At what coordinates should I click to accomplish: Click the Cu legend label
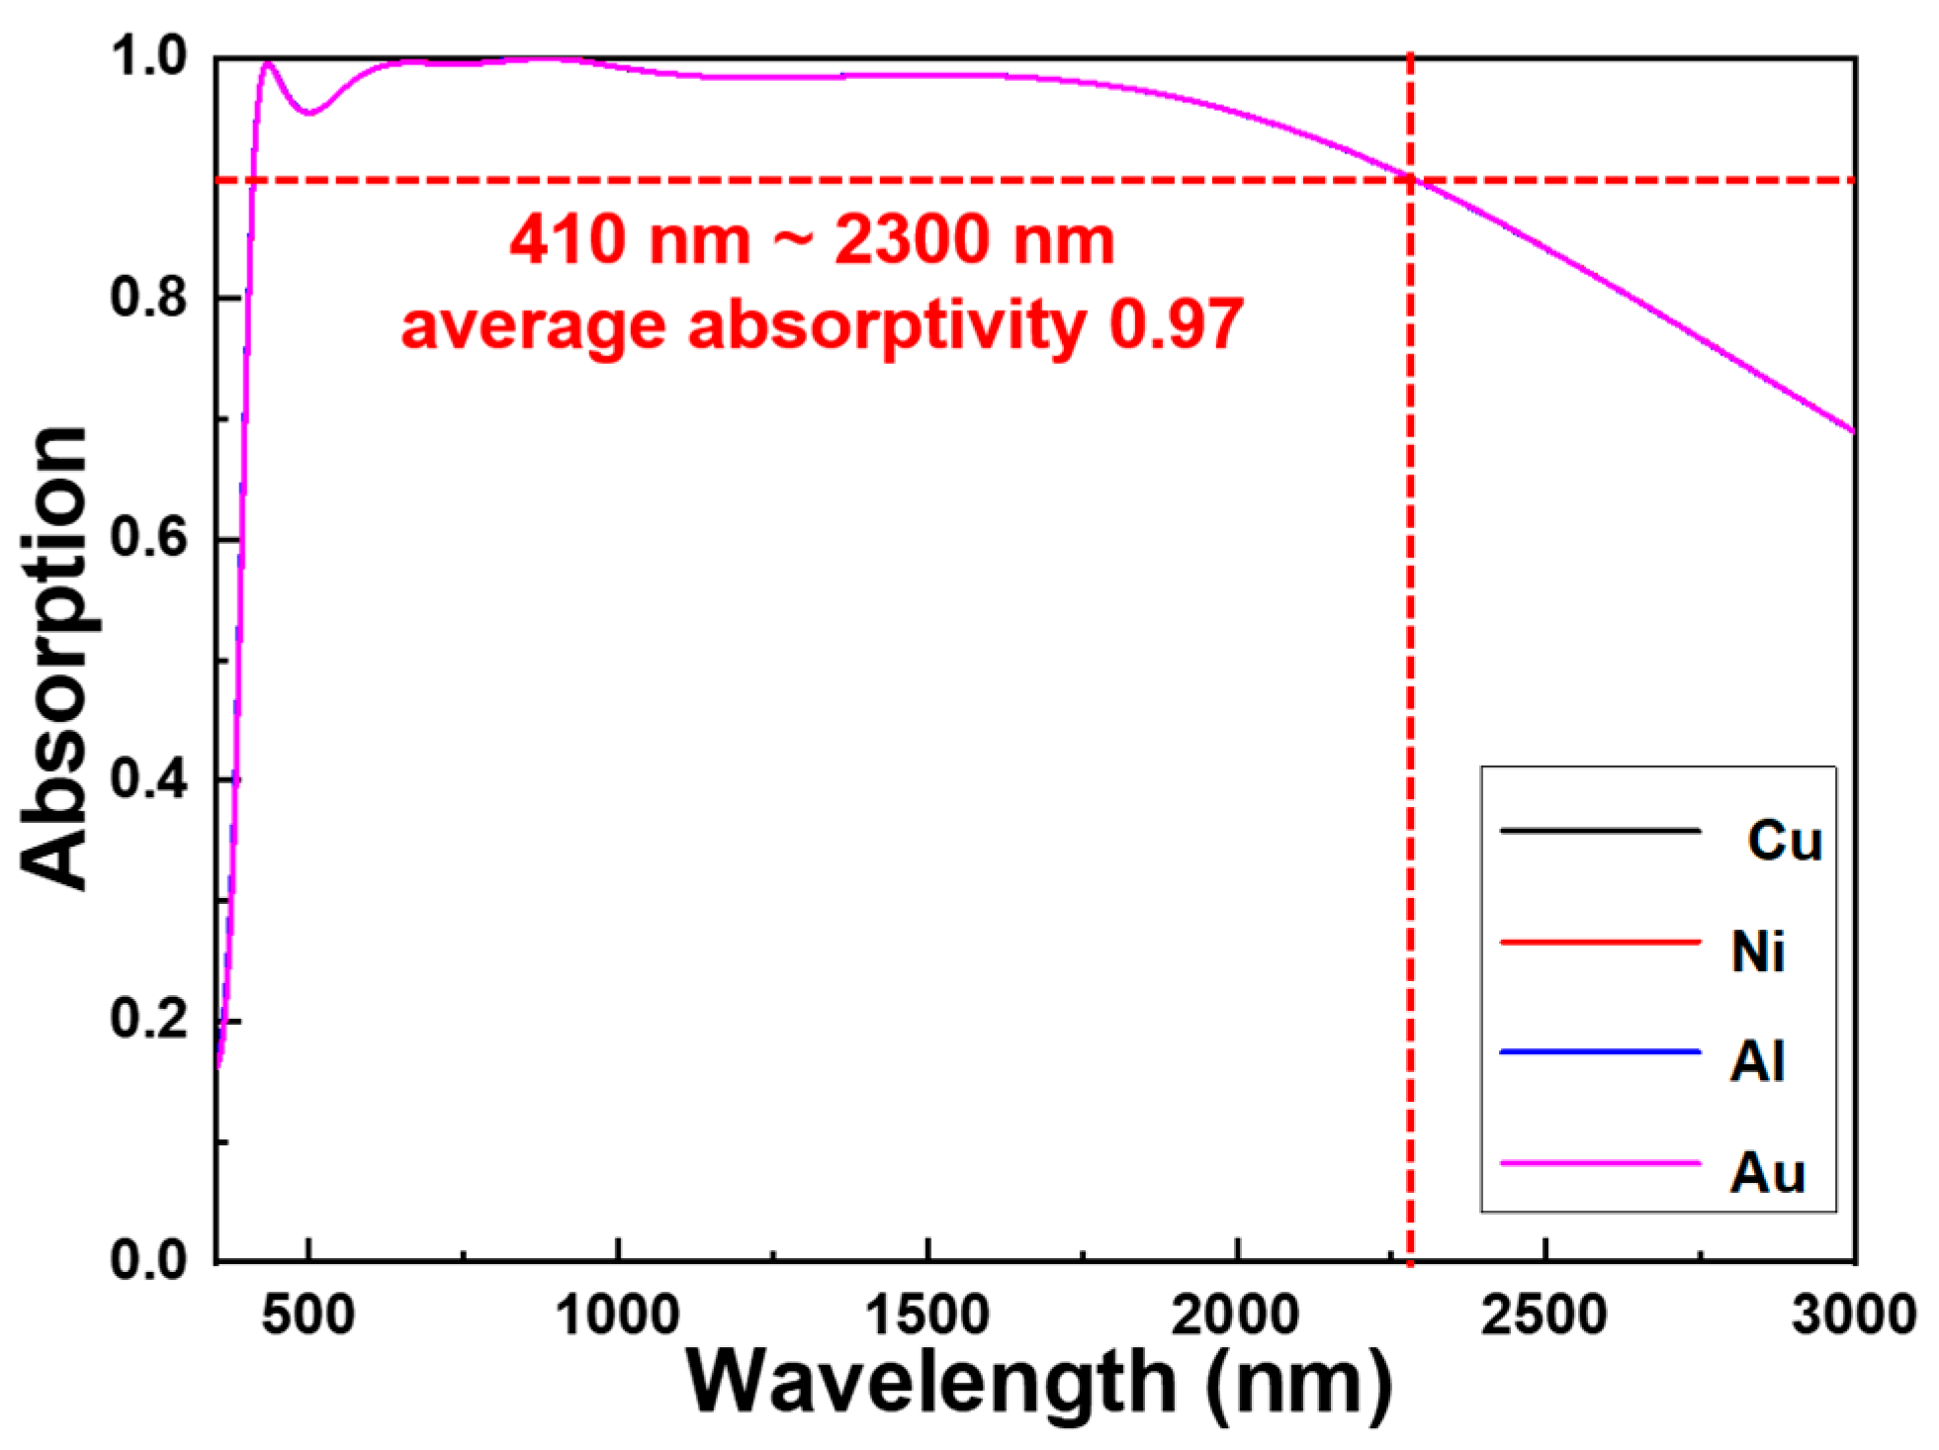pos(1784,842)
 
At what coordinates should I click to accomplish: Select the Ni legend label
pos(1758,952)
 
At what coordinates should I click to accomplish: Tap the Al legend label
pos(1757,1062)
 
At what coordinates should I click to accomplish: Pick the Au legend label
pos(1767,1174)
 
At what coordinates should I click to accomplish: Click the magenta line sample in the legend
pos(1599,1163)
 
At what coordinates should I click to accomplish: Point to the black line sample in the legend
pos(1599,831)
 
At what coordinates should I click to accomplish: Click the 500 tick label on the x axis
pos(309,1316)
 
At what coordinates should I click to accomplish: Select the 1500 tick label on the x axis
pos(926,1316)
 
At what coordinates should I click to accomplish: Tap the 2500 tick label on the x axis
pos(1543,1316)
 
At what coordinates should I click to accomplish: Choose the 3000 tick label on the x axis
pos(1853,1316)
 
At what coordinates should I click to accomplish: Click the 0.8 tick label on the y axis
pos(148,298)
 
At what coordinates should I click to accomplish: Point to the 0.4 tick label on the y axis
pos(148,780)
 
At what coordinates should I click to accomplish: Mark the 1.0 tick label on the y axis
pos(148,57)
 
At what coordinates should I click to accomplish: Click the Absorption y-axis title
pos(54,658)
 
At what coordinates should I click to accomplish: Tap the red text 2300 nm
pos(974,240)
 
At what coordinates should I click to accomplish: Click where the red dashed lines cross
pos(1409,180)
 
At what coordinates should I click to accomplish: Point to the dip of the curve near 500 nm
pos(309,113)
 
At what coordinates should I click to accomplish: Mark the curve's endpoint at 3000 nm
pos(1852,431)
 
